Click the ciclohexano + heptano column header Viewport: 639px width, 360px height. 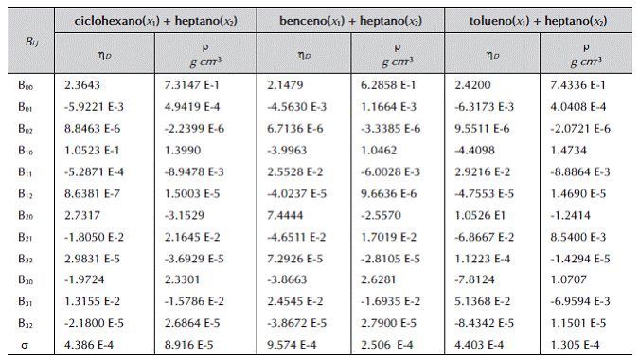point(155,21)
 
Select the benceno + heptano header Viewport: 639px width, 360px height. point(350,21)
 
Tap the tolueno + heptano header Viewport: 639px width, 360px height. point(538,21)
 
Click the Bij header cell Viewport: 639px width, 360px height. point(32,42)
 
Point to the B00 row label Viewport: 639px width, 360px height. point(26,85)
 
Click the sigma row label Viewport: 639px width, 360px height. point(25,346)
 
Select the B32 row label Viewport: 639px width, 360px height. point(26,323)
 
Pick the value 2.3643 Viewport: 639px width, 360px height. point(82,85)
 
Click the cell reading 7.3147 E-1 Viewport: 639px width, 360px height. point(191,85)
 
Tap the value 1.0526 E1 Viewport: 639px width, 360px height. point(480,215)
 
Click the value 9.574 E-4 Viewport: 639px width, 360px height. point(292,345)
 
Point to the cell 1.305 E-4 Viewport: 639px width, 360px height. point(575,345)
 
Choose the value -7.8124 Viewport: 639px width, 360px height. point(474,279)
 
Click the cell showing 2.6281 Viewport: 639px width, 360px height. point(378,279)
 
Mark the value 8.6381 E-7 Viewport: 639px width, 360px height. point(92,193)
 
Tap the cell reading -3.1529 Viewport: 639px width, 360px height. point(185,215)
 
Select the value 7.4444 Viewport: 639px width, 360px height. point(285,215)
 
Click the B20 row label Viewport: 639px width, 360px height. point(26,216)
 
